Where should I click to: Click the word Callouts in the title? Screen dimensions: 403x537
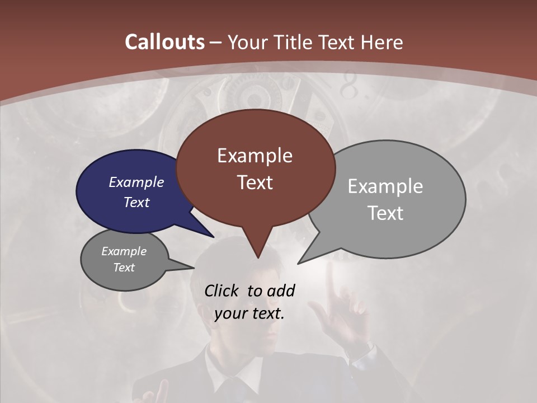pyautogui.click(x=164, y=42)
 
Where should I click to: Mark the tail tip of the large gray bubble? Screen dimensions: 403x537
pyautogui.click(x=299, y=263)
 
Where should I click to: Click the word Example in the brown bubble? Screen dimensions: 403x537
pyautogui.click(x=255, y=156)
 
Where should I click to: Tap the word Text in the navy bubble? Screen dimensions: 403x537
pyautogui.click(x=136, y=202)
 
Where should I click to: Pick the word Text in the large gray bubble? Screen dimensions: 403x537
pyautogui.click(x=385, y=213)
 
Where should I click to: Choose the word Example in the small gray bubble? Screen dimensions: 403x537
pyautogui.click(x=124, y=251)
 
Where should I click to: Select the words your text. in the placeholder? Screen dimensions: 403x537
pyautogui.click(x=249, y=313)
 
